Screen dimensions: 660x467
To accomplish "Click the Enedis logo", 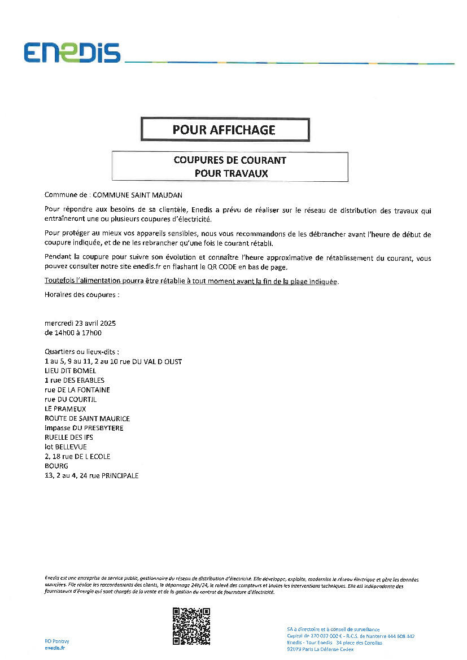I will click(72, 52).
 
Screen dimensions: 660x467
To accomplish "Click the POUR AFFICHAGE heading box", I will click(225, 130).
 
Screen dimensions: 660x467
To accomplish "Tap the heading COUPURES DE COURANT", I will click(230, 160).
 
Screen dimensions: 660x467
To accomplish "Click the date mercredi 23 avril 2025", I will click(80, 324).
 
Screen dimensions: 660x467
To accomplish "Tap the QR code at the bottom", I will click(191, 626).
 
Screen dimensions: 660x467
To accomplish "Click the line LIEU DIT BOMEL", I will click(71, 371).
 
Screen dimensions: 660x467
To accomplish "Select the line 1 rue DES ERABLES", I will click(75, 381).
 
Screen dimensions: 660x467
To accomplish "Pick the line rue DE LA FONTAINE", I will click(77, 390).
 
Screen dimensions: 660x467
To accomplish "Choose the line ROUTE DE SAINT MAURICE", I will click(87, 418).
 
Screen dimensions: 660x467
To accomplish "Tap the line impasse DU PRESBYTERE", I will click(84, 428).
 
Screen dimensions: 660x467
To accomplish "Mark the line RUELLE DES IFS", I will click(69, 438).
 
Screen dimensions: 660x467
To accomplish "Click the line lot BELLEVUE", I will click(66, 447).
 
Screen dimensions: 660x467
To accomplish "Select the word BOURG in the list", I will click(56, 466).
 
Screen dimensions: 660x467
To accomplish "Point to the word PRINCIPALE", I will click(118, 475).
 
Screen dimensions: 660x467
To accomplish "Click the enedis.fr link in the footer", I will click(55, 648).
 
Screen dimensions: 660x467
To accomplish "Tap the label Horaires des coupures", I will click(82, 295).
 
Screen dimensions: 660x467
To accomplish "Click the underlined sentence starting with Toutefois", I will click(191, 281).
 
